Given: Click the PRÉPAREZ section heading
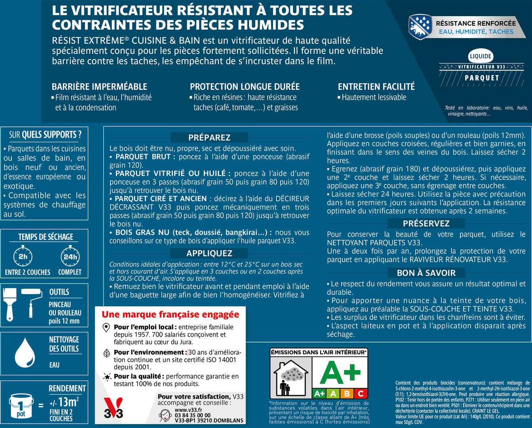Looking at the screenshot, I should click(x=209, y=138).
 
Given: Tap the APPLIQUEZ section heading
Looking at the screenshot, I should click(x=209, y=253).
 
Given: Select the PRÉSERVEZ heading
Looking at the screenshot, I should click(x=426, y=224).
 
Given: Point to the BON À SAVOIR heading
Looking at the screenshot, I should click(x=426, y=273).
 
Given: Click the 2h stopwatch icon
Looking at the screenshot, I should click(x=23, y=256).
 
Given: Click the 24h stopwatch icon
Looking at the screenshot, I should click(x=70, y=256).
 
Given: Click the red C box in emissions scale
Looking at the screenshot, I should click(x=360, y=394).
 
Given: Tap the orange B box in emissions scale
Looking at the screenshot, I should click(x=347, y=394).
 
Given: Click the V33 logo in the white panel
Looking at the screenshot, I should click(x=113, y=408).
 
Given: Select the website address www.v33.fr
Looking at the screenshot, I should click(x=188, y=410).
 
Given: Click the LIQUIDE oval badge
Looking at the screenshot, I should click(x=481, y=56).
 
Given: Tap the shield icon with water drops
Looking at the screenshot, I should click(x=420, y=27).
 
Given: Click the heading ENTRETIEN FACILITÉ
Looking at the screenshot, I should click(x=376, y=86).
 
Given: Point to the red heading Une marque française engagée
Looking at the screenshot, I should click(x=170, y=315).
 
